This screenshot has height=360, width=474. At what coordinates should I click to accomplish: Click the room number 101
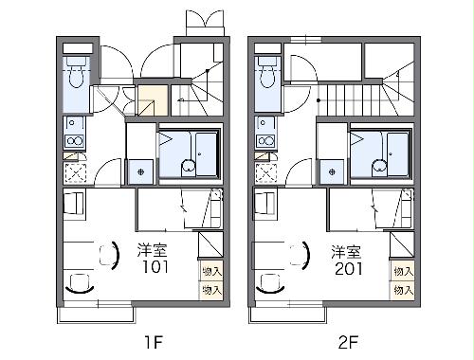(x=155, y=267)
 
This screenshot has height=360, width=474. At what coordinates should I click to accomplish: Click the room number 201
(x=349, y=269)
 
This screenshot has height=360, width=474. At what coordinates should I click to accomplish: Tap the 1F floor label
(x=154, y=342)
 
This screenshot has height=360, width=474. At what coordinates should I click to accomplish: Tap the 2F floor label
(x=348, y=342)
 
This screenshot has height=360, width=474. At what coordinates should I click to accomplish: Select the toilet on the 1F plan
(x=76, y=73)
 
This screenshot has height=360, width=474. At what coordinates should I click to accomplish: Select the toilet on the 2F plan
(x=267, y=73)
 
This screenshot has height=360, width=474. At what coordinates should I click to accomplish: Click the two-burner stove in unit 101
(x=75, y=141)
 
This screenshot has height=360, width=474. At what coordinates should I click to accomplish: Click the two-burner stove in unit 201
(x=266, y=140)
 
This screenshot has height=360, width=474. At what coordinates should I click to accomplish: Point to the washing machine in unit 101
(x=140, y=172)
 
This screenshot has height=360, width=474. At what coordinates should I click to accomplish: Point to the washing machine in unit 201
(x=332, y=172)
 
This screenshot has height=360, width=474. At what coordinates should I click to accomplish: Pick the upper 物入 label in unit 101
(x=211, y=272)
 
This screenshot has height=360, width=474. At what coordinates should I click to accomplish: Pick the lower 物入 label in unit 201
(x=404, y=290)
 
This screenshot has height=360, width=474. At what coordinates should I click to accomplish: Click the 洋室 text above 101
(x=152, y=250)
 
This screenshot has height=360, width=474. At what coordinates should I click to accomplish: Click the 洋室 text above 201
(x=346, y=252)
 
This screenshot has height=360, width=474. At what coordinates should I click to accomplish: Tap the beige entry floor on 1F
(x=153, y=99)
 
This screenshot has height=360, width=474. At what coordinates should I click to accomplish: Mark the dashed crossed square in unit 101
(x=75, y=173)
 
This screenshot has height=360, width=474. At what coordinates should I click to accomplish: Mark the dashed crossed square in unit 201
(x=266, y=173)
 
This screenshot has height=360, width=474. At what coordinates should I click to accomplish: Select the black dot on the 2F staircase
(x=319, y=100)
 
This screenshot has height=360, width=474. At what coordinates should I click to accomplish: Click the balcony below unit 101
(x=97, y=315)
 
